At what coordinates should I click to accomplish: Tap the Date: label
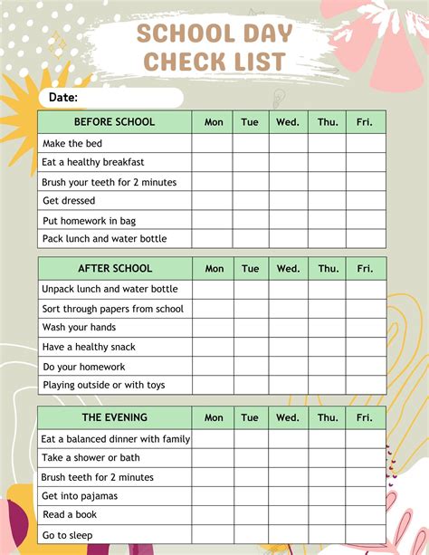click(x=62, y=97)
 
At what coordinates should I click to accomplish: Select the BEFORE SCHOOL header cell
click(x=114, y=121)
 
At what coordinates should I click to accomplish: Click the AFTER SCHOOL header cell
click(x=115, y=268)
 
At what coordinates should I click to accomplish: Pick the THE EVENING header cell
click(x=115, y=417)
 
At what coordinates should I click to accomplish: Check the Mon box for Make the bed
click(x=212, y=143)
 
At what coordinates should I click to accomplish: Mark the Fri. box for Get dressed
click(x=365, y=201)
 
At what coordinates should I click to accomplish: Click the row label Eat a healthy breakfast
click(x=93, y=162)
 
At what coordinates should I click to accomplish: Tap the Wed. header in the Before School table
click(x=288, y=121)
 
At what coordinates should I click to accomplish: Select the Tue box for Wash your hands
click(x=251, y=328)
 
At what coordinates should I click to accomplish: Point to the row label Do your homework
click(x=84, y=367)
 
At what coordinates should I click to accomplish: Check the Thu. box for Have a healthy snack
click(x=327, y=347)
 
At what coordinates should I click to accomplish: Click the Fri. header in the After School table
click(x=365, y=268)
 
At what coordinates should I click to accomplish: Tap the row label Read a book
click(x=70, y=514)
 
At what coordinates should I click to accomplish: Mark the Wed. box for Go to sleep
click(x=288, y=534)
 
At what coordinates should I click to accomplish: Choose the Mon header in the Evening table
click(x=214, y=417)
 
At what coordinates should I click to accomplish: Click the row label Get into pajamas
click(x=80, y=496)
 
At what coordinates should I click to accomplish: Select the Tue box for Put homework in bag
click(x=251, y=220)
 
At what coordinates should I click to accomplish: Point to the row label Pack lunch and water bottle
click(x=104, y=239)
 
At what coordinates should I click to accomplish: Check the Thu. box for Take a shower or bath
click(x=327, y=458)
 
